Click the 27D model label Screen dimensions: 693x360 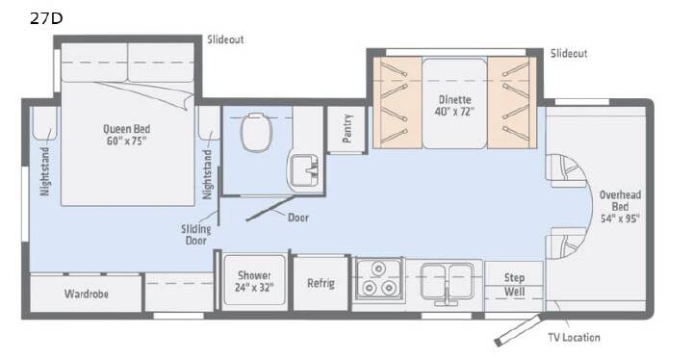tap(46, 18)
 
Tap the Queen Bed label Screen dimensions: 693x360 tap(126, 129)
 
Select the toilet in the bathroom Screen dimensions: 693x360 tap(257, 131)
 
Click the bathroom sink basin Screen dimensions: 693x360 tap(304, 169)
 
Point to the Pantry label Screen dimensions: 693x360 tap(347, 128)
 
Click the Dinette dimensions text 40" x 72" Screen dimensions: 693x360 tap(454, 112)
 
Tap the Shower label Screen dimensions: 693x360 tap(254, 275)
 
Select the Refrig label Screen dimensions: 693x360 tap(321, 283)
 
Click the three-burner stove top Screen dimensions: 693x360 tap(379, 278)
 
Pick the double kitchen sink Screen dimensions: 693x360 tap(447, 281)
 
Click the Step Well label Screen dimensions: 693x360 tap(514, 284)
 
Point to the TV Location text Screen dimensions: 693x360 tap(574, 338)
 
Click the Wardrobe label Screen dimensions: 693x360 tap(87, 294)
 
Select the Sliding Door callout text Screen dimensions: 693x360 tap(195, 235)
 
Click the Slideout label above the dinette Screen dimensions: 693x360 tap(569, 54)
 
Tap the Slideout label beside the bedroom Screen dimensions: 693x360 tap(225, 39)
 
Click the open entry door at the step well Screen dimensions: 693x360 tap(519, 330)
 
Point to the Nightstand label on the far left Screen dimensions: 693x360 tap(45, 171)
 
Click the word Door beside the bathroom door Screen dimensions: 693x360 tap(298, 218)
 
